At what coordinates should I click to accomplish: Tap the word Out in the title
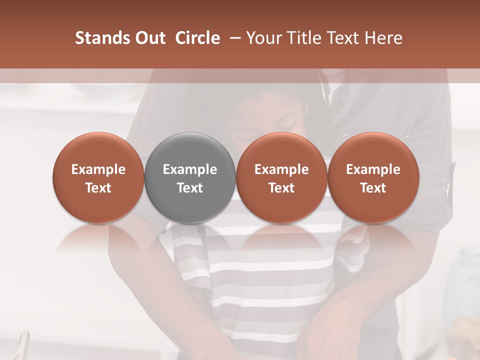pyautogui.click(x=148, y=38)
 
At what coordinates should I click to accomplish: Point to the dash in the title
pyautogui.click(x=233, y=38)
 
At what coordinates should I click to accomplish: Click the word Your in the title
pyautogui.click(x=263, y=38)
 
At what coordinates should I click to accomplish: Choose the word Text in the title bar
pyautogui.click(x=345, y=38)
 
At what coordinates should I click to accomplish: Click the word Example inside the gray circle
pyautogui.click(x=190, y=169)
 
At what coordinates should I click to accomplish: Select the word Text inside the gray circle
pyautogui.click(x=190, y=188)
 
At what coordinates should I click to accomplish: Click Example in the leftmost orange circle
pyautogui.click(x=98, y=169)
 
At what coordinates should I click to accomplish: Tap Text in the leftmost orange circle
pyautogui.click(x=98, y=188)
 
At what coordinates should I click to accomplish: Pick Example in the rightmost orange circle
pyautogui.click(x=373, y=169)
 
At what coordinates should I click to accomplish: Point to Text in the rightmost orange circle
pyautogui.click(x=373, y=188)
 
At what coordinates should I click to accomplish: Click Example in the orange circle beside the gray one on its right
pyautogui.click(x=281, y=169)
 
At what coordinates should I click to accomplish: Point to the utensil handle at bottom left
pyautogui.click(x=23, y=345)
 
